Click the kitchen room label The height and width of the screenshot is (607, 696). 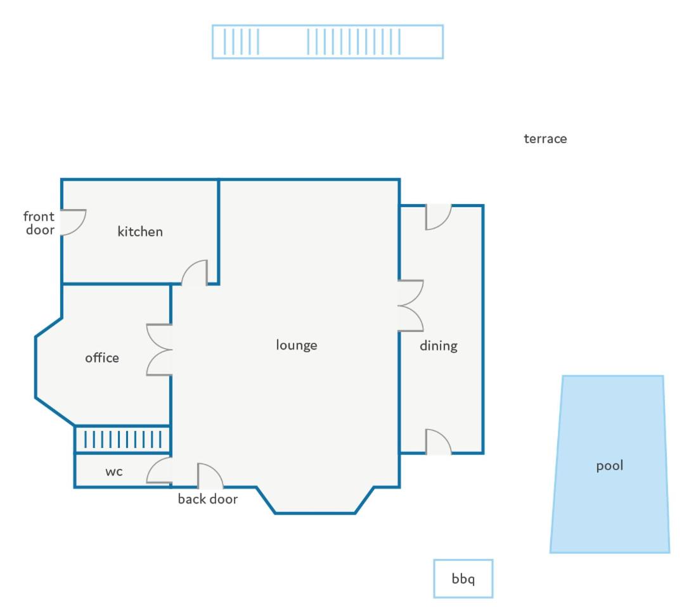[140, 231]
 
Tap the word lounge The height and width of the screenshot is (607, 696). [297, 345]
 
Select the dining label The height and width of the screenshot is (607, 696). [439, 346]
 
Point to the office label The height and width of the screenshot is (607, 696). [102, 357]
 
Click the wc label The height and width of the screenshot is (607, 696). [114, 471]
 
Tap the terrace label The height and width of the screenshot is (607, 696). [545, 139]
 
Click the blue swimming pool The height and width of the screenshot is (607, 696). [610, 464]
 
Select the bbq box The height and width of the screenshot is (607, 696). [463, 578]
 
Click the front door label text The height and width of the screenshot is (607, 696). [39, 223]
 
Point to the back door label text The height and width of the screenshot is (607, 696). [208, 499]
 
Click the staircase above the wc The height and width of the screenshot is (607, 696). [122, 440]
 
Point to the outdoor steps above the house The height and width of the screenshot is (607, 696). [328, 42]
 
